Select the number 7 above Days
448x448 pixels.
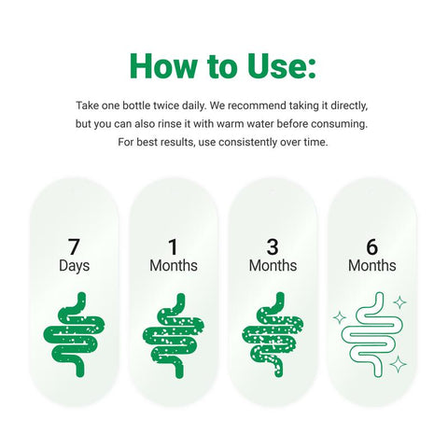pos(74,246)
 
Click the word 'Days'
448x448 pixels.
pos(75,266)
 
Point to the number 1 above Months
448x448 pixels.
pos(173,246)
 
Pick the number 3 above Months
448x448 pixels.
pos(273,246)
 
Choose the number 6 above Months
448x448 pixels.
pos(372,246)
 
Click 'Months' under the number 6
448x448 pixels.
pos(372,266)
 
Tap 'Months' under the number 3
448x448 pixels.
pos(273,266)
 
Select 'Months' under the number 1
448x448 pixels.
pos(174,266)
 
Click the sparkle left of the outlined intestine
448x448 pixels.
pos(340,317)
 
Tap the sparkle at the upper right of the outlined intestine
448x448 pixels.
pos(400,302)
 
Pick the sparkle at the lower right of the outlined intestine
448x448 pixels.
pos(399,364)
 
